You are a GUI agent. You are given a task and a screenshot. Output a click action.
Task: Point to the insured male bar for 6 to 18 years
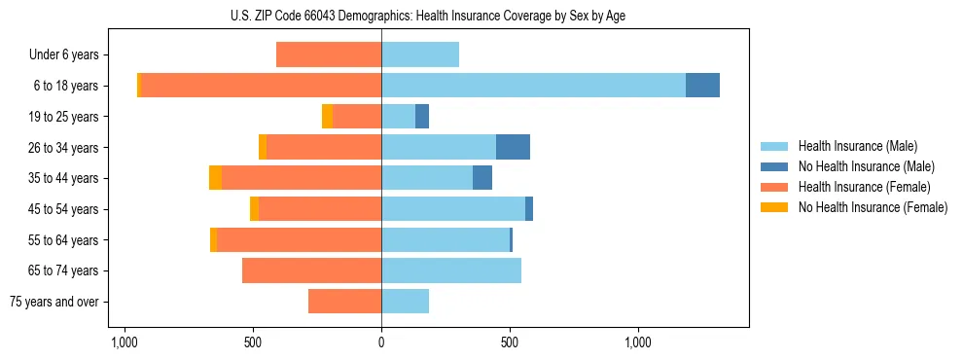pos(533,86)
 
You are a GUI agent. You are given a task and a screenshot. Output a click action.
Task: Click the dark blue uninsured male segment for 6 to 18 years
pos(702,86)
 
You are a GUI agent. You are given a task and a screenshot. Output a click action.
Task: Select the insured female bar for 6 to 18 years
pos(261,86)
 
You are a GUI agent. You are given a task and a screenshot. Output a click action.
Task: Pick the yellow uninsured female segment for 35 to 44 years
pos(215,178)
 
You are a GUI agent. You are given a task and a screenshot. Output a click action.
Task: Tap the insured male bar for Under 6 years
pos(420,54)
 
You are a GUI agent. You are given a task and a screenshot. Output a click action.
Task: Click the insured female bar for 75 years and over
pos(344,302)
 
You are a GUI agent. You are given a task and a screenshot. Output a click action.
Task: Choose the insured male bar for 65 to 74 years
pos(451,270)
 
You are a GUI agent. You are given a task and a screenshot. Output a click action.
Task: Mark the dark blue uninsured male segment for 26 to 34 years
pos(513,147)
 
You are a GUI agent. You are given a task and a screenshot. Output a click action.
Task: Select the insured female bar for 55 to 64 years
pos(299,239)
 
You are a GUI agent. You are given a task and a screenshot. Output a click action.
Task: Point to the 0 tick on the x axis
pos(381,342)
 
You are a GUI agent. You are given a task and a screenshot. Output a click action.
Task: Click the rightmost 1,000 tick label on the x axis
pos(638,342)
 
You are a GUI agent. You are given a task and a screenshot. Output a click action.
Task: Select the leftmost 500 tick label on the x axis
pos(253,342)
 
